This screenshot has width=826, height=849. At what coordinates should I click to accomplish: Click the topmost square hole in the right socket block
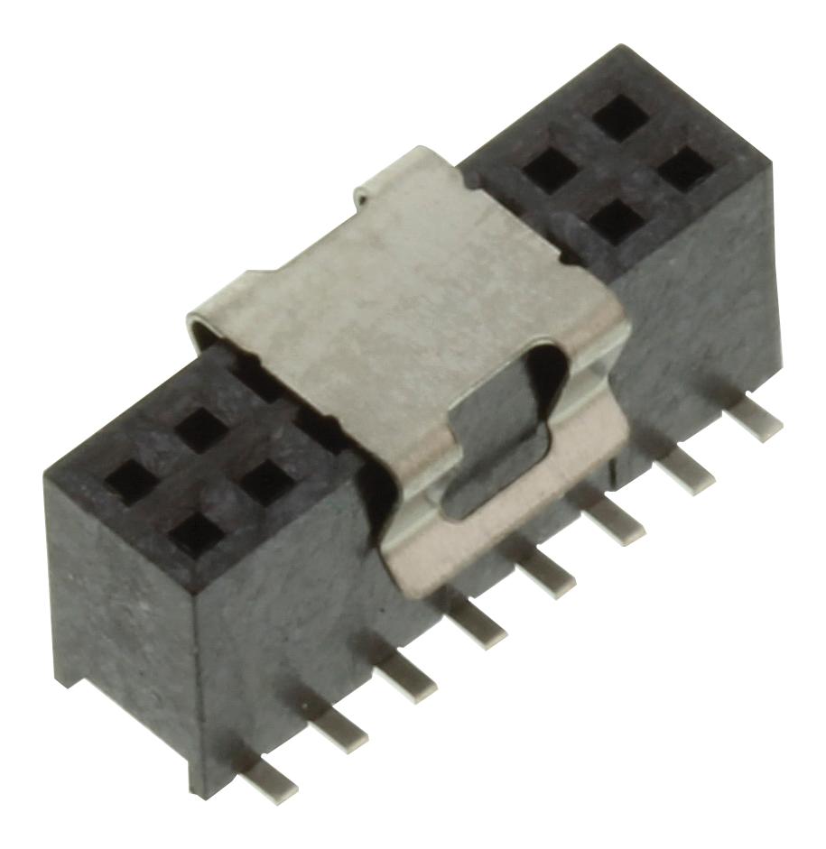(x=622, y=117)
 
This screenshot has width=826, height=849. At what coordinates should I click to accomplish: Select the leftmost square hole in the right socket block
(x=550, y=170)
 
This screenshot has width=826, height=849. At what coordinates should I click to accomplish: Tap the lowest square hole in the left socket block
(x=196, y=533)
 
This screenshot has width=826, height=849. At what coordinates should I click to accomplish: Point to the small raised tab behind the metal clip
(x=373, y=190)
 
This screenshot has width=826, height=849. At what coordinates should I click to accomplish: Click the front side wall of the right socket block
(x=695, y=307)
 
